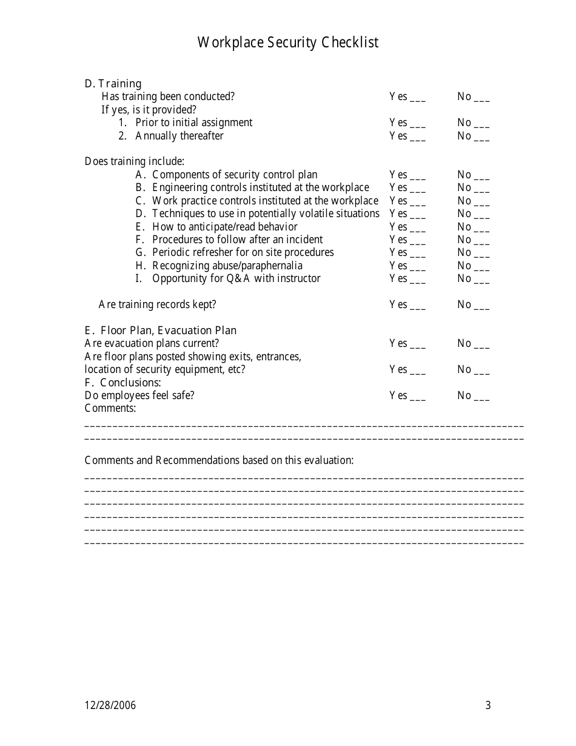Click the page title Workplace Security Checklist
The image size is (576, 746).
(x=288, y=42)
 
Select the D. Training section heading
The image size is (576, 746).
(x=113, y=84)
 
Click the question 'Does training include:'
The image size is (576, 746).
(x=135, y=161)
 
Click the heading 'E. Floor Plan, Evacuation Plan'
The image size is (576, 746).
(x=161, y=331)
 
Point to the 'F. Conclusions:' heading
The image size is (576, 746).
(x=123, y=383)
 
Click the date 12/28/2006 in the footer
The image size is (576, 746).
(x=110, y=705)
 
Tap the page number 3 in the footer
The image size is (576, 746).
(x=488, y=705)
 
